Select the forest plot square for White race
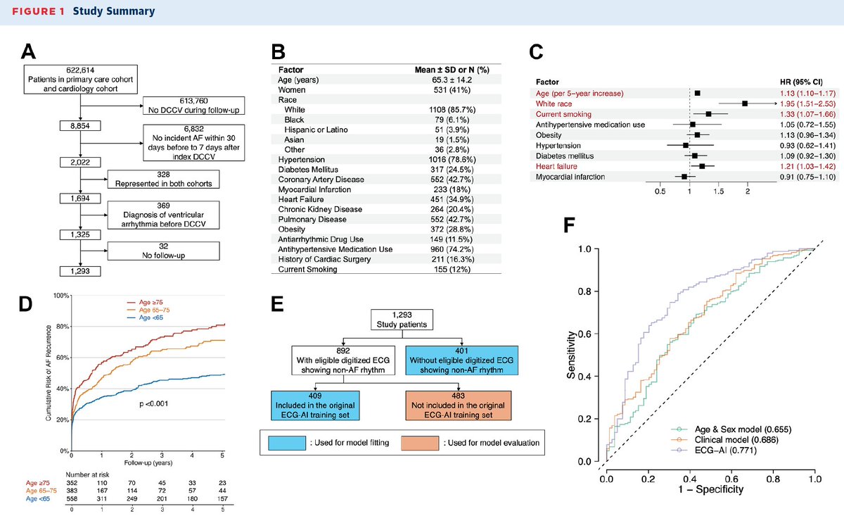745,103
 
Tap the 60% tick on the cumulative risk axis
63,358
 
